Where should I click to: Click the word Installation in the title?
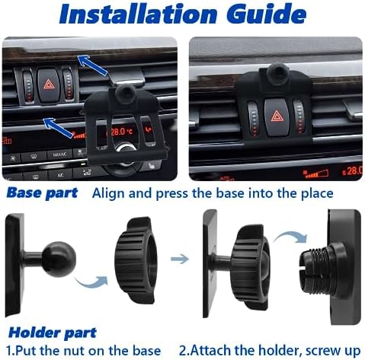(138, 14)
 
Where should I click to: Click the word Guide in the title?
(266, 14)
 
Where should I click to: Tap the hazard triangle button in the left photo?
(48, 84)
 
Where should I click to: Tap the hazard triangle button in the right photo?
(277, 116)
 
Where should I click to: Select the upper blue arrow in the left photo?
(93, 65)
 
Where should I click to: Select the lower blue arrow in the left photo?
(59, 128)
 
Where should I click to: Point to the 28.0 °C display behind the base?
(121, 132)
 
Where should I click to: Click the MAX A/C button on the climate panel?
(59, 154)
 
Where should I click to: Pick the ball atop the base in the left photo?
(125, 94)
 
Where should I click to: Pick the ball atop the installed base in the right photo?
(278, 73)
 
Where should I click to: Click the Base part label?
(42, 193)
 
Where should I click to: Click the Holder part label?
(53, 333)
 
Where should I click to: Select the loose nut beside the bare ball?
(136, 260)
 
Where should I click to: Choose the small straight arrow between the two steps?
(180, 259)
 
